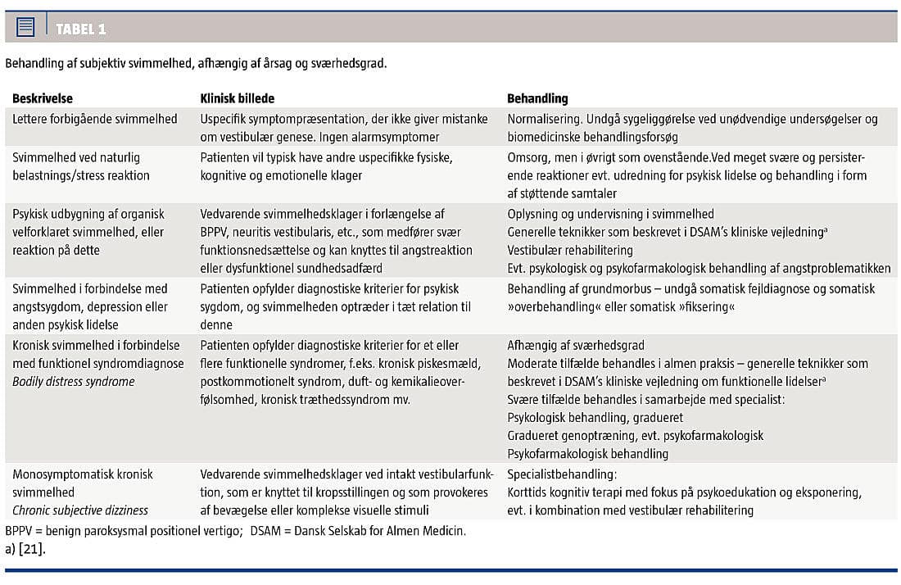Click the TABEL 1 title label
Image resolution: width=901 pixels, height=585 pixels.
click(x=80, y=29)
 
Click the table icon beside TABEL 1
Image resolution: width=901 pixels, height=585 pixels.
click(x=25, y=28)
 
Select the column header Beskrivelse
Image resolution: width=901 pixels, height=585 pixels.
click(x=43, y=98)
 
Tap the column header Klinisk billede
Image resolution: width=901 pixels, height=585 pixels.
click(x=238, y=98)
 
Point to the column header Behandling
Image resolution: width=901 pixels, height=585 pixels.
click(x=537, y=98)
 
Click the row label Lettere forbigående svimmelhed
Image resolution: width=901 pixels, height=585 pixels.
click(x=95, y=119)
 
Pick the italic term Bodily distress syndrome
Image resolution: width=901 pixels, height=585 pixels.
click(x=74, y=381)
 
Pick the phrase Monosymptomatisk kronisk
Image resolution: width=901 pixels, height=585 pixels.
click(x=83, y=474)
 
